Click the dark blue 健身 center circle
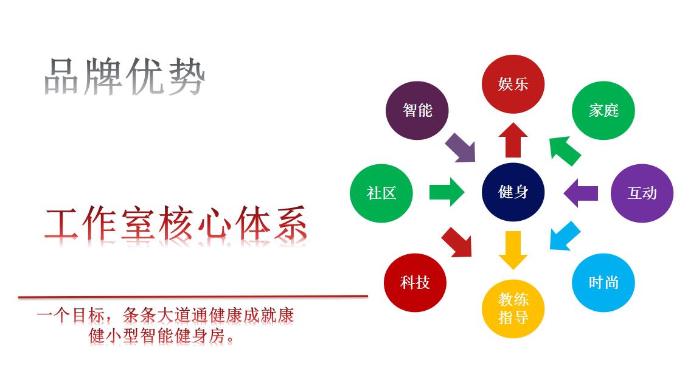point(513,192)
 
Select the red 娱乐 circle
point(513,84)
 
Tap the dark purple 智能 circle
point(417,110)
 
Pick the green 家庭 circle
point(603,110)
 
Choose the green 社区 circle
point(381,193)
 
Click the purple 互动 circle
point(642,193)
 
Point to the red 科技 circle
point(415,283)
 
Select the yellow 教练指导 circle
point(513,308)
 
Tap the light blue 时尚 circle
point(603,283)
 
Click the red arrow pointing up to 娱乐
point(513,140)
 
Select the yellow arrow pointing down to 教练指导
point(513,250)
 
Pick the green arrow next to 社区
point(447,192)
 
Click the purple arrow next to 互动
point(580,193)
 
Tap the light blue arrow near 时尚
point(565,237)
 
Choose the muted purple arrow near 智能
point(461,148)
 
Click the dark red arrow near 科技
point(457,241)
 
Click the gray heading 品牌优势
point(125,77)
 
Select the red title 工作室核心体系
point(176,223)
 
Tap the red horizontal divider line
point(193,297)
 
